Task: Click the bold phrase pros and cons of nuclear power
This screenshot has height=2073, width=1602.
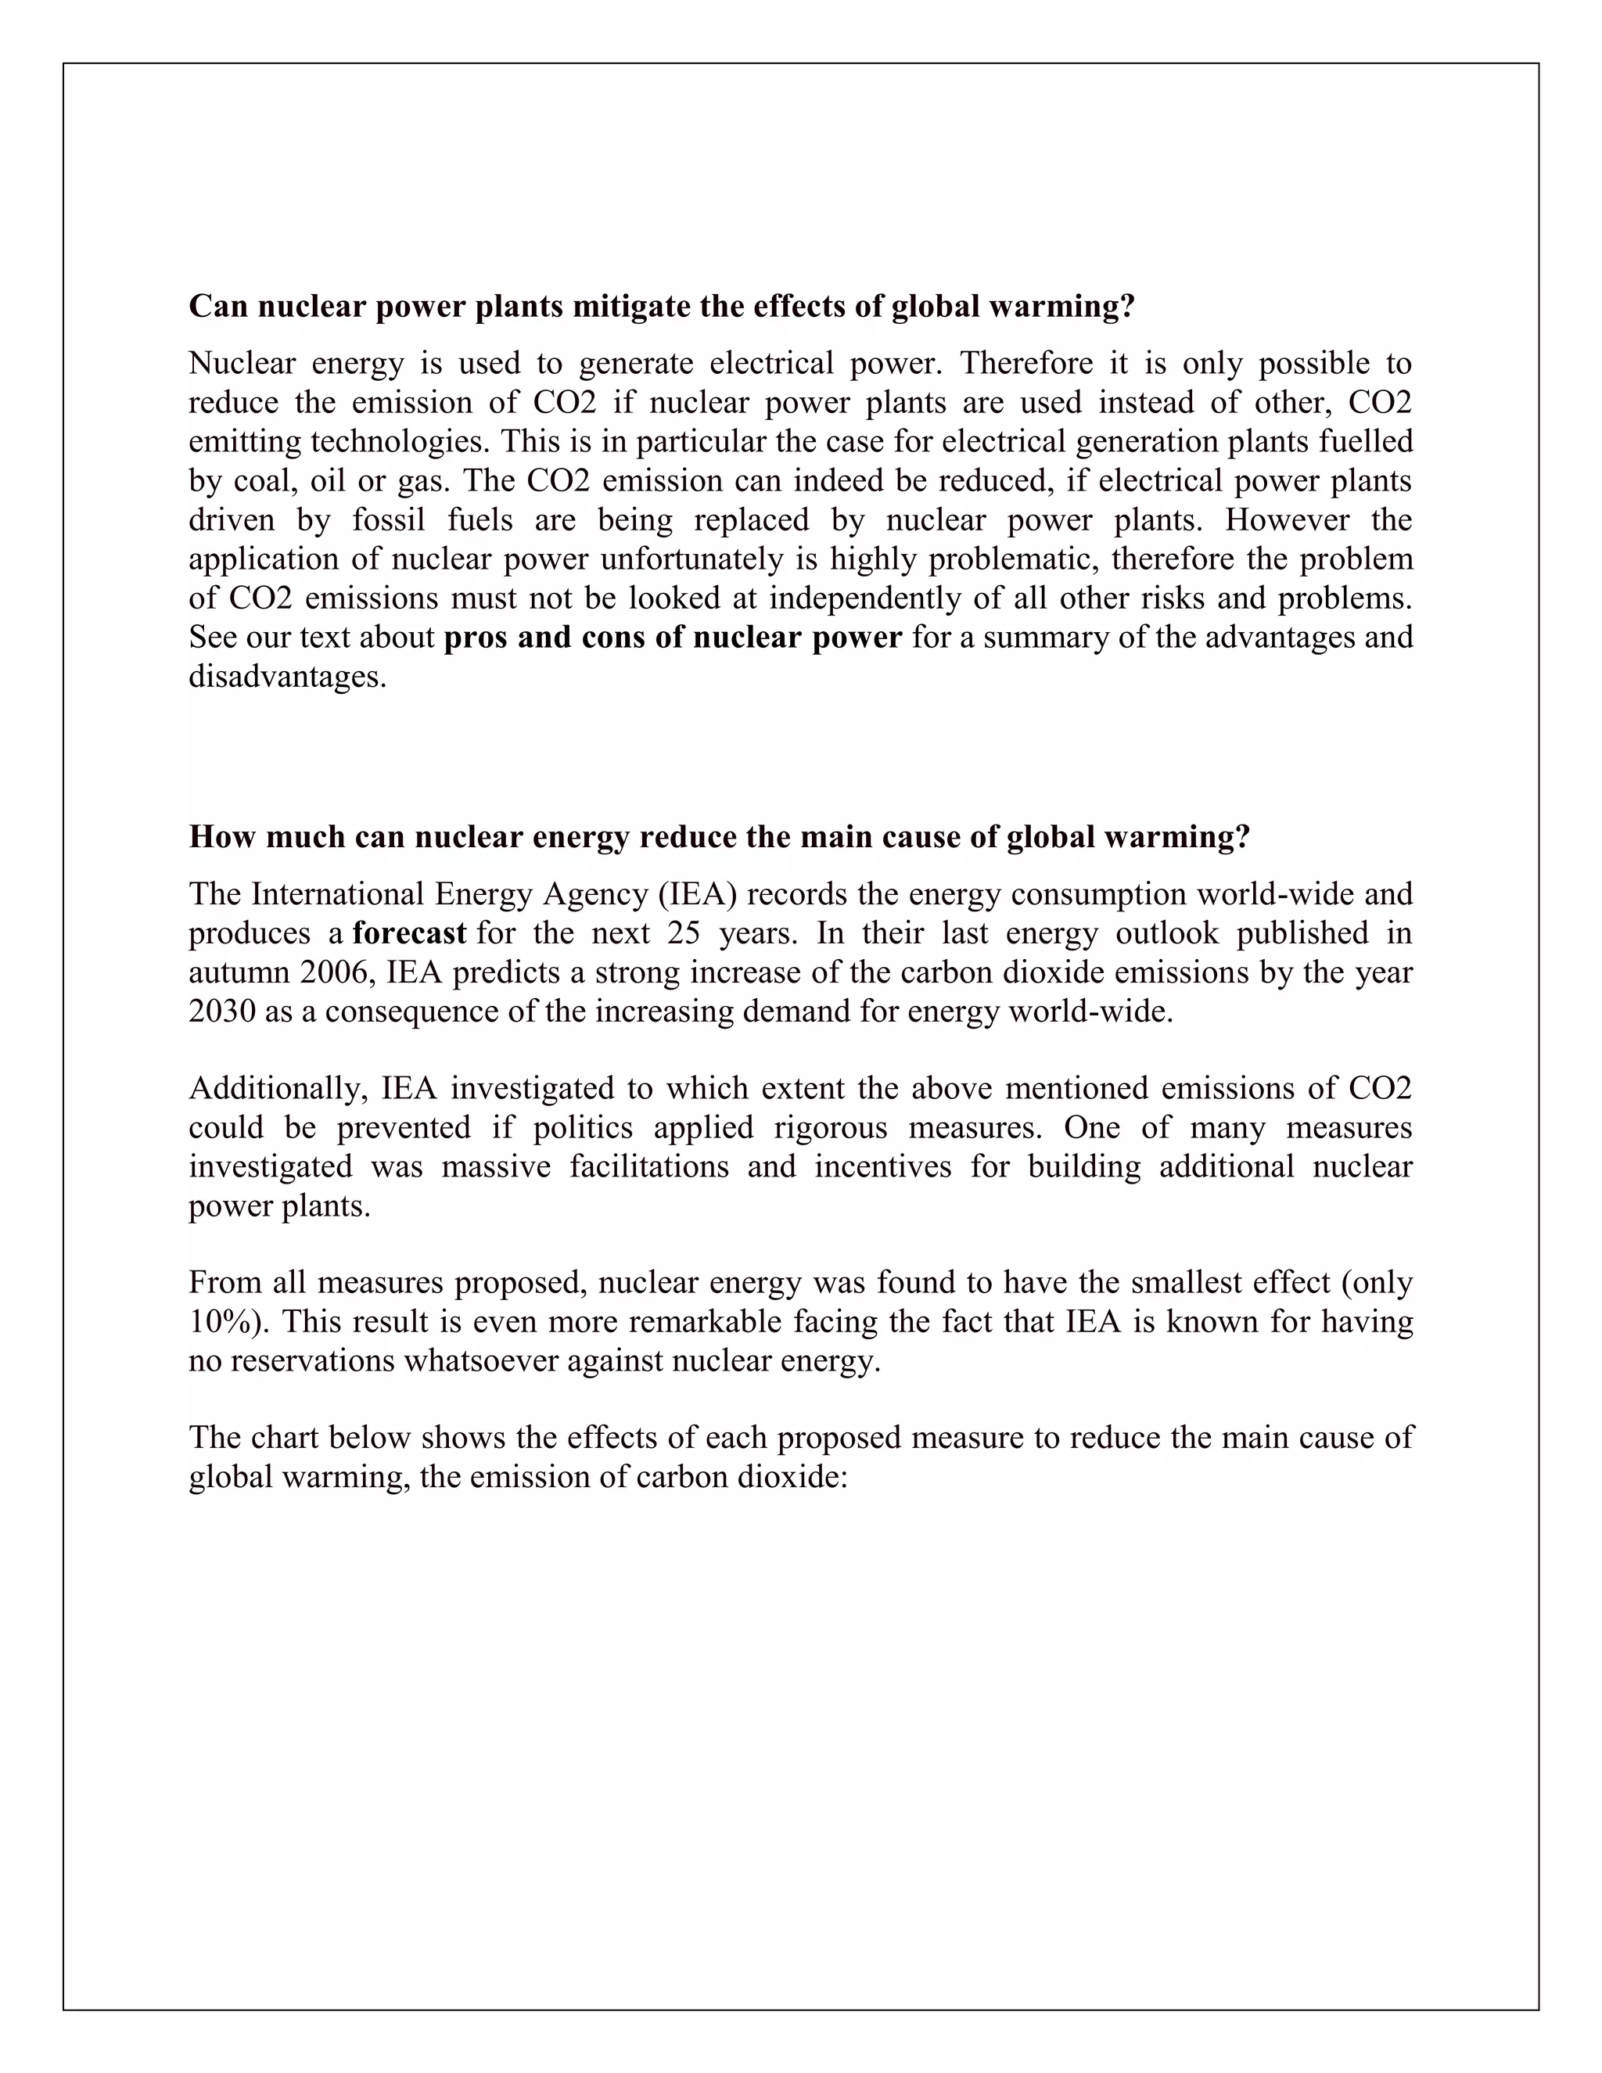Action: coord(672,637)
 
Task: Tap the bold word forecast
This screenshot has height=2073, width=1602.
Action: coord(409,933)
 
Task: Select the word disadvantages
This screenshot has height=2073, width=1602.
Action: coord(288,677)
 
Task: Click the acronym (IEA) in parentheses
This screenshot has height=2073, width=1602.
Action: coord(703,894)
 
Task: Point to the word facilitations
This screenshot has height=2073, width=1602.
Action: coord(649,1166)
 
